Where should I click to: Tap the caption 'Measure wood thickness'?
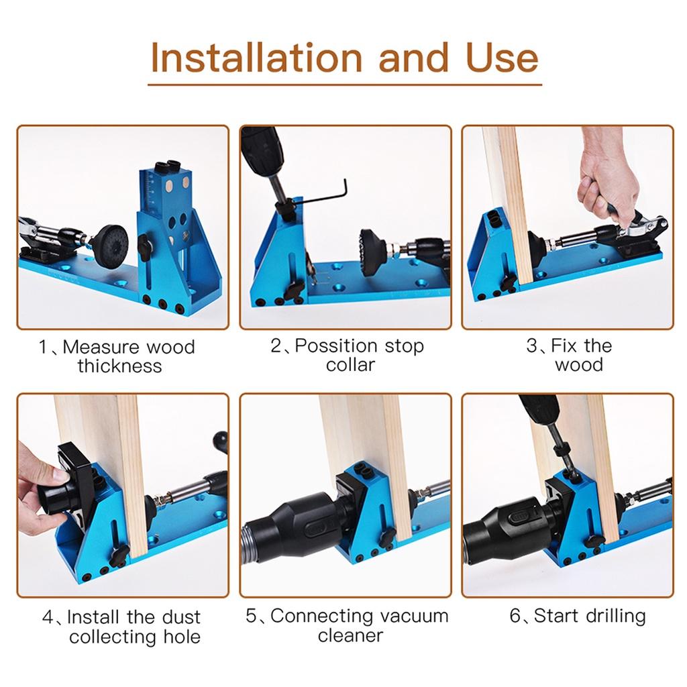(119, 356)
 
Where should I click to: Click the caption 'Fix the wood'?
(569, 356)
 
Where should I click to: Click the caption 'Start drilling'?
(578, 616)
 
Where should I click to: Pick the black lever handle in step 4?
(219, 442)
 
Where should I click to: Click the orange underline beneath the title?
(344, 85)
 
